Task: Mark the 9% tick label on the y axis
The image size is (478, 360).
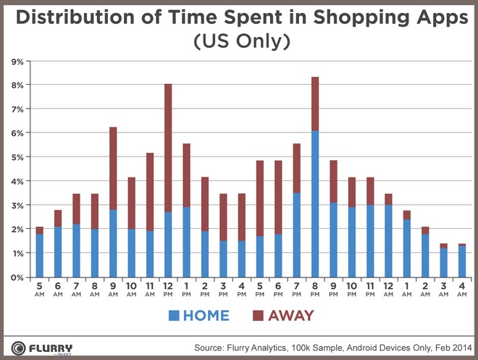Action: pyautogui.click(x=15, y=62)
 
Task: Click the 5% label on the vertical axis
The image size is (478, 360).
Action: pyautogui.click(x=15, y=157)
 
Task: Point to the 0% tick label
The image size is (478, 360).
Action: pyautogui.click(x=15, y=277)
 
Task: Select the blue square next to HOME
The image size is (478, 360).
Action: pyautogui.click(x=173, y=316)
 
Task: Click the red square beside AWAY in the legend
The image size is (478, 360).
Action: pyautogui.click(x=258, y=316)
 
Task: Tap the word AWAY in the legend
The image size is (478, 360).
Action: pyautogui.click(x=291, y=316)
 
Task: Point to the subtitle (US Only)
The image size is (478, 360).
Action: pyautogui.click(x=239, y=43)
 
